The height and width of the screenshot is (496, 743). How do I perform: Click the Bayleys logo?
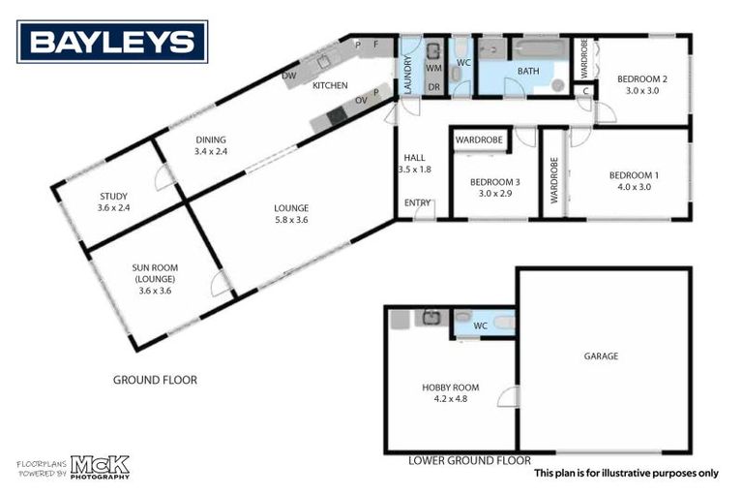coord(112,42)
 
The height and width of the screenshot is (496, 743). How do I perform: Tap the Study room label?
coord(113,201)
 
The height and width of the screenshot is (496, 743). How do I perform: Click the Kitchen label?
coord(329,86)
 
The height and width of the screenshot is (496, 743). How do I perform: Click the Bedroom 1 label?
coord(634,180)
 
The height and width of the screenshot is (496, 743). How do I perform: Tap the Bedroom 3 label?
coord(494,187)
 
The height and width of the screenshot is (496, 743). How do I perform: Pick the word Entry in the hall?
coord(418,202)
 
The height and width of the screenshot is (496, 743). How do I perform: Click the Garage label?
coord(601,356)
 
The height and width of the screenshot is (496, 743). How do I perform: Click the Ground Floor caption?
coord(155,380)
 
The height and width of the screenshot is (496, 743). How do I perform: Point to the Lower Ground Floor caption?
coord(469,460)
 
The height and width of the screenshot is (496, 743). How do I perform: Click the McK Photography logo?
coord(99,467)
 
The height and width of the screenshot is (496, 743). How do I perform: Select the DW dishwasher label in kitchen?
coord(288,75)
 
